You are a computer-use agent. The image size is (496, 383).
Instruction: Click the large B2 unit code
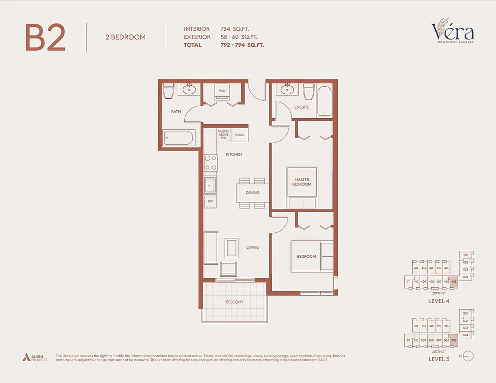tap(45, 37)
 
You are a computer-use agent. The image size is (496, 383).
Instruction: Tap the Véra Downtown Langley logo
tap(453, 32)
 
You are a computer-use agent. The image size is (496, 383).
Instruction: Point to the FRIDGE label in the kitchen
tap(240, 135)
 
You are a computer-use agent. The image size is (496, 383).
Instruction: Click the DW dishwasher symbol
tap(210, 201)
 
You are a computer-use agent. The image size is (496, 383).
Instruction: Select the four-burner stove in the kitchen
tap(210, 163)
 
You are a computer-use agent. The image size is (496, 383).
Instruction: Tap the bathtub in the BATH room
tap(178, 138)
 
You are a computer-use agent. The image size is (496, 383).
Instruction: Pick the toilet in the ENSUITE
tap(308, 91)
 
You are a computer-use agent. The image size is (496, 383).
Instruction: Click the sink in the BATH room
tap(189, 90)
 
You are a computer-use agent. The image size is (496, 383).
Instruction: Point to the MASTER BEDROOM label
tap(302, 182)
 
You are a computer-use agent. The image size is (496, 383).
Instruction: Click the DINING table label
tap(252, 192)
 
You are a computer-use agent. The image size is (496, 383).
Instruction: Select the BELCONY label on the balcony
tap(235, 302)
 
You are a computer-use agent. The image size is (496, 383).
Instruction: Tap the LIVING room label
tap(252, 247)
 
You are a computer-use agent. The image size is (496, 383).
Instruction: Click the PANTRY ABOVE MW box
tap(223, 135)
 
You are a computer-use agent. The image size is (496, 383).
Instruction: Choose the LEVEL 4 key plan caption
tap(439, 301)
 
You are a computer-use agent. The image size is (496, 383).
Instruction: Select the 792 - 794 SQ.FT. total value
tap(242, 45)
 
